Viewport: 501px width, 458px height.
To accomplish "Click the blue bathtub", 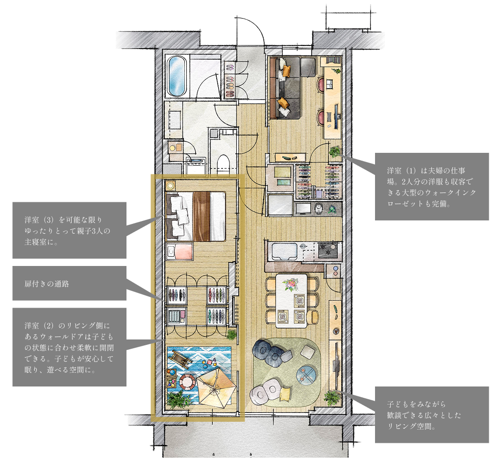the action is tap(176, 76).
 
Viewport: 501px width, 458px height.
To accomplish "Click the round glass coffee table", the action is tap(307, 375).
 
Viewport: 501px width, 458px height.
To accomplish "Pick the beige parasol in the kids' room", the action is tap(216, 387).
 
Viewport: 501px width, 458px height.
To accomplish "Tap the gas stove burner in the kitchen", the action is tap(328, 250).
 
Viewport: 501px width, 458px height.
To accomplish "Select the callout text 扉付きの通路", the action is tap(47, 284).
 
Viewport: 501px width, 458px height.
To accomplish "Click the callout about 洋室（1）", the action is tap(432, 187).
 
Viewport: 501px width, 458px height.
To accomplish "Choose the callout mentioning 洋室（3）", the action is tap(69, 230).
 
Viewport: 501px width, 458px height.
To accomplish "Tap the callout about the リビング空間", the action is tap(432, 414).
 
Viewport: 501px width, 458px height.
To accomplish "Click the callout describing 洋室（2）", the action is tap(69, 347).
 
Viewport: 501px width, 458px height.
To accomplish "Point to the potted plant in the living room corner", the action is tap(332, 398).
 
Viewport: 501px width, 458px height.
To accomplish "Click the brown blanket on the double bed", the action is tap(201, 216).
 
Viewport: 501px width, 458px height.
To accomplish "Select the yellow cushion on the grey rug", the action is tap(285, 394).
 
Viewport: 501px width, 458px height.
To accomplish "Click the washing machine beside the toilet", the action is tap(196, 166).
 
